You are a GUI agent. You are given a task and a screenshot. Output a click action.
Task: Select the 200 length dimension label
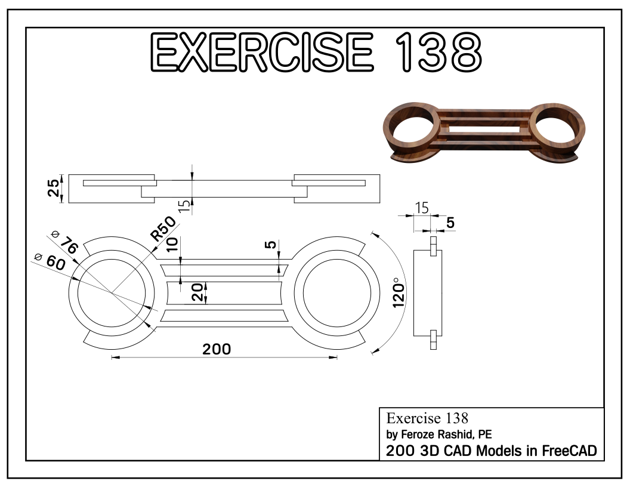(216, 349)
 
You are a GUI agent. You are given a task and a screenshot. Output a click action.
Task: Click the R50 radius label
(162, 227)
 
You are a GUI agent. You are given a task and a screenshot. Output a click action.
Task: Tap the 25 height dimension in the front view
(54, 189)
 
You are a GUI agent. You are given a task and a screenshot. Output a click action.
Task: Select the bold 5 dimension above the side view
(450, 222)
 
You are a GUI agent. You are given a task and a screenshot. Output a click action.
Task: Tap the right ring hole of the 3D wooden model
(554, 126)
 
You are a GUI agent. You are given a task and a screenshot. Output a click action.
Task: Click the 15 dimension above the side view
(421, 208)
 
